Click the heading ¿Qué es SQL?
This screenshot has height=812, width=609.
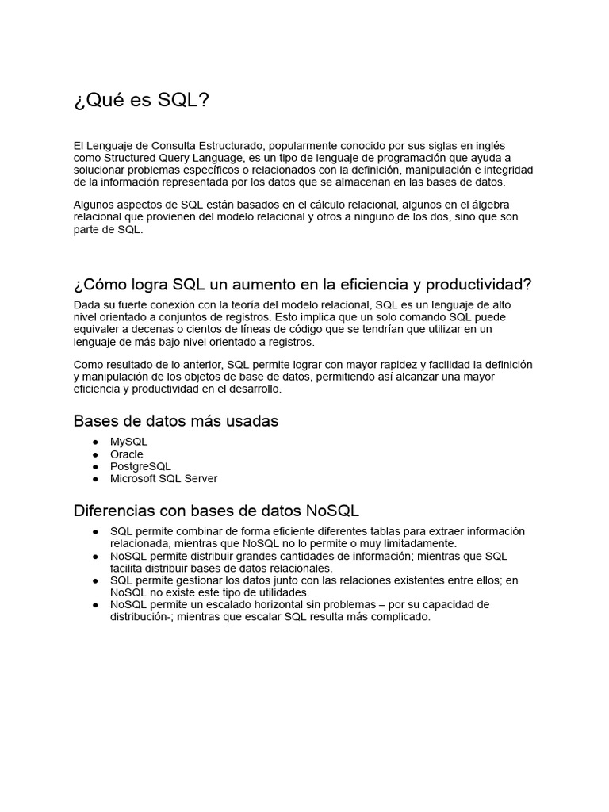pyautogui.click(x=142, y=101)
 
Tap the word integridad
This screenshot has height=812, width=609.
pyautogui.click(x=504, y=170)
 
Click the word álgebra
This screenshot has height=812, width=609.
pyautogui.click(x=490, y=205)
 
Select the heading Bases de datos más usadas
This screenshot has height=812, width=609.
pyautogui.click(x=176, y=421)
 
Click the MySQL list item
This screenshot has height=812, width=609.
pyautogui.click(x=128, y=442)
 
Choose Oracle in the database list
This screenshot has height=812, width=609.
pyautogui.click(x=127, y=454)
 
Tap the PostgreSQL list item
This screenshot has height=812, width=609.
pyautogui.click(x=140, y=466)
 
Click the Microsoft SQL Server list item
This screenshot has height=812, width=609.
pyautogui.click(x=163, y=478)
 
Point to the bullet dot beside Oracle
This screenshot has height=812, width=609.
pyautogui.click(x=95, y=454)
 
